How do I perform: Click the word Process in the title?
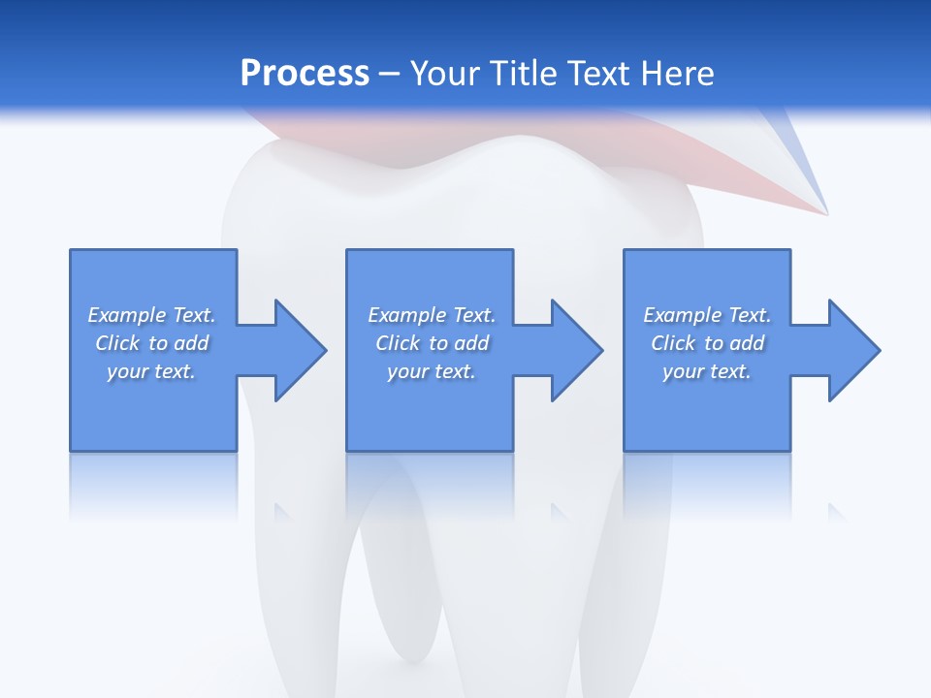(x=305, y=74)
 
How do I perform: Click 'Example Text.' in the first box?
(x=151, y=315)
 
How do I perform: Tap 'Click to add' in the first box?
(x=151, y=343)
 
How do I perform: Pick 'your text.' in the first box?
(x=151, y=371)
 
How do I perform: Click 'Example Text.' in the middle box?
(x=432, y=315)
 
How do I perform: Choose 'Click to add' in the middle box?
(x=432, y=343)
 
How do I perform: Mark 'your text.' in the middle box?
(x=432, y=371)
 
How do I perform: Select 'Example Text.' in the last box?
(x=707, y=315)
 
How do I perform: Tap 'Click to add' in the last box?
(x=707, y=343)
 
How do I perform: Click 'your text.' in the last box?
(x=707, y=371)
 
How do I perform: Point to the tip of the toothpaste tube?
(x=825, y=210)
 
